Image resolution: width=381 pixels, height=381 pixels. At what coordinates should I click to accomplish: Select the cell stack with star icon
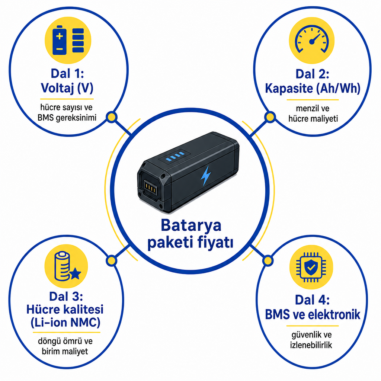[67, 266]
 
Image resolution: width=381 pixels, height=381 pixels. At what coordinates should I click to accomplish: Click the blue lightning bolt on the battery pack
[206, 176]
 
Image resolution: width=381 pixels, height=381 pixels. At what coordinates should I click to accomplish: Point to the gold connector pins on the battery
[150, 187]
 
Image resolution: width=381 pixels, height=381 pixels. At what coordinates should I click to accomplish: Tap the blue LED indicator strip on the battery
[175, 156]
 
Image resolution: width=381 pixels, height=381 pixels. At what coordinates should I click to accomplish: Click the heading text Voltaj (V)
[67, 88]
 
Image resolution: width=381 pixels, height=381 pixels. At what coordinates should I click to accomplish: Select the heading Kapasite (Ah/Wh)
[313, 89]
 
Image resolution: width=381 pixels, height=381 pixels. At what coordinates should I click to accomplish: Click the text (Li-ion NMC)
[65, 323]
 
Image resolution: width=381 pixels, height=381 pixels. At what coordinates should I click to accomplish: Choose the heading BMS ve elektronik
[313, 314]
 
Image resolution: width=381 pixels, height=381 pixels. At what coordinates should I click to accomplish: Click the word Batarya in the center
[191, 226]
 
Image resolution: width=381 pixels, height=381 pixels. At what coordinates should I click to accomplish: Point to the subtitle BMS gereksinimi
[67, 118]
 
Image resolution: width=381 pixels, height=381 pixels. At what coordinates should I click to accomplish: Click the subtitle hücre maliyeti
[313, 119]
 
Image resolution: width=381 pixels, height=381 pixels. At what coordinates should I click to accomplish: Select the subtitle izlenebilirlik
[311, 345]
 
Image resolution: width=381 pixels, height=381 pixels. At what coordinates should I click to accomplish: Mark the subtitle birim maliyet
[65, 351]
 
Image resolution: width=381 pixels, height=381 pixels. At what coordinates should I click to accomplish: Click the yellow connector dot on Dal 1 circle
[112, 117]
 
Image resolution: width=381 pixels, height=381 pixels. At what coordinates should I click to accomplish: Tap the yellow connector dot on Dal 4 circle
[268, 261]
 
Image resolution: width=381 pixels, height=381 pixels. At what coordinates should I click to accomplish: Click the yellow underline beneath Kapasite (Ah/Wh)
[313, 100]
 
